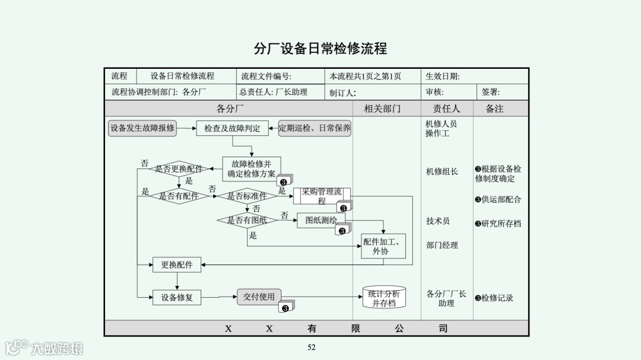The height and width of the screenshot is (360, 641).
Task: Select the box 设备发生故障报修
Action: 142,128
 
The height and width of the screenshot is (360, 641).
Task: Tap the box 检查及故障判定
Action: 232,128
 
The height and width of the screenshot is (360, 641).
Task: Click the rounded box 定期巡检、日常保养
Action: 315,128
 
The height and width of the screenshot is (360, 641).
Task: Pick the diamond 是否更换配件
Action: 178,169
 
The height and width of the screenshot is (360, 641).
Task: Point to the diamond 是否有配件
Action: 179,196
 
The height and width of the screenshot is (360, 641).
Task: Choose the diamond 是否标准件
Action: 247,196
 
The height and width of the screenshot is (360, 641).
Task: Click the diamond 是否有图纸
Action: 247,221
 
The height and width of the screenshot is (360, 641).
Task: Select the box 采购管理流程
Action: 321,196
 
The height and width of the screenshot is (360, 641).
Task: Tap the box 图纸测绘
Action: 320,220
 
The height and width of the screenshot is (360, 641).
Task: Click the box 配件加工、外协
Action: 383,246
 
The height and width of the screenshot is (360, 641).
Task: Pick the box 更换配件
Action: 177,265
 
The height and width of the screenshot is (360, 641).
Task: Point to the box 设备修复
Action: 177,298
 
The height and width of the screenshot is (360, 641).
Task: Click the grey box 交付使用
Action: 259,297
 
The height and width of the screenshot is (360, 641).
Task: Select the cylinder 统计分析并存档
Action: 384,298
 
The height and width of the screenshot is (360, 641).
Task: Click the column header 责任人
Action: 446,109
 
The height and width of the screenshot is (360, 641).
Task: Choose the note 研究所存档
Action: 498,224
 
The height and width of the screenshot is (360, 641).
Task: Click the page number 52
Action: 311,348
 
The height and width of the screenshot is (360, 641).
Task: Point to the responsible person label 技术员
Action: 438,221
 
